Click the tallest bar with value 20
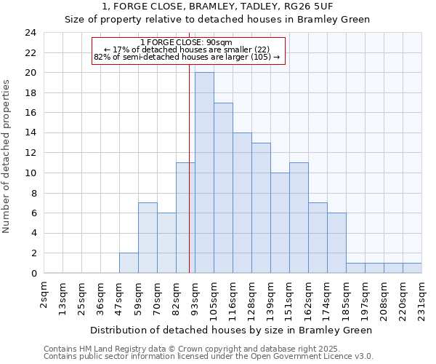coord(204,173)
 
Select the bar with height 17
coord(223,188)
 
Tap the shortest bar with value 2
coord(129,263)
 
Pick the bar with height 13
coord(261,207)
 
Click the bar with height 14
coord(242,202)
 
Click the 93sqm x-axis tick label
coord(195,296)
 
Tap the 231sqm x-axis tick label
coord(421,298)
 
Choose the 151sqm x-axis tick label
coord(289,298)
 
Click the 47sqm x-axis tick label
coord(119,296)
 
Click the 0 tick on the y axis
coord(33,274)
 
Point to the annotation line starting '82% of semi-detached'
coord(187,57)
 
